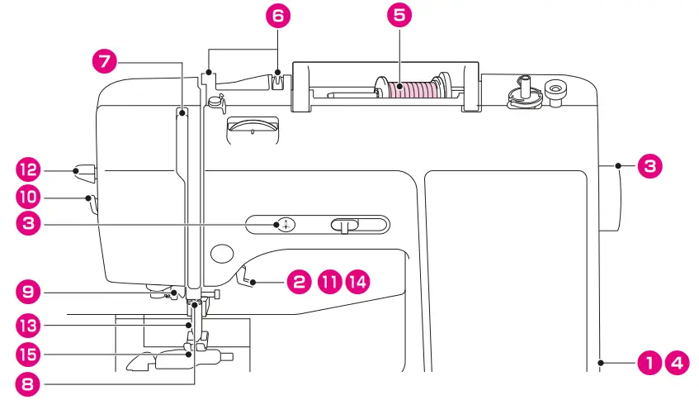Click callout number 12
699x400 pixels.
[x=27, y=171]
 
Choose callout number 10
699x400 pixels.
[x=27, y=198]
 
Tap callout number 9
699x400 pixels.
[x=27, y=292]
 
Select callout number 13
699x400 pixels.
[x=27, y=324]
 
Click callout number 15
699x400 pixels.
[x=27, y=355]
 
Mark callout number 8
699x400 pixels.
[x=27, y=384]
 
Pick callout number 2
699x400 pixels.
[x=298, y=282]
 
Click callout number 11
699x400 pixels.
[x=329, y=282]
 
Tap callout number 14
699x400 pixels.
[x=357, y=282]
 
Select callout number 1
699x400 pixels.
[x=649, y=362]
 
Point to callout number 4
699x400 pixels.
[x=677, y=362]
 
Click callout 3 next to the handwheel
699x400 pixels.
[x=649, y=166]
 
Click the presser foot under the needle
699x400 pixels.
[x=177, y=359]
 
